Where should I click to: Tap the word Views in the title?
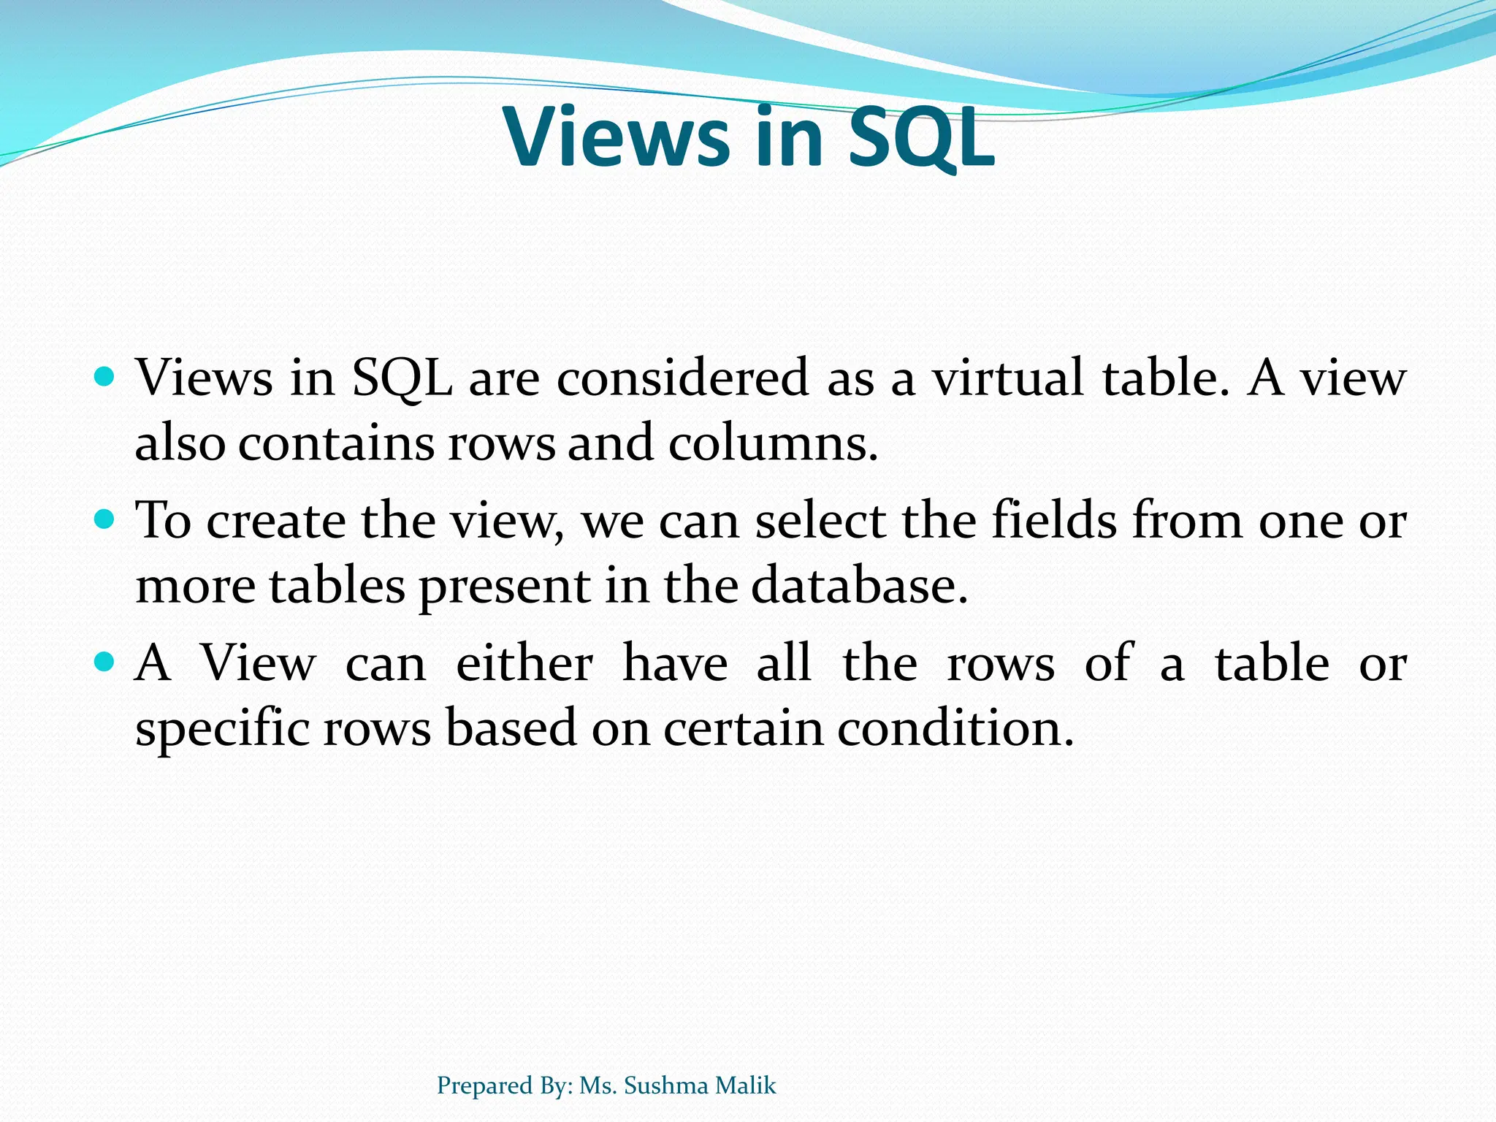tap(617, 137)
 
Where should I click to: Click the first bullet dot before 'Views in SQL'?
tap(106, 377)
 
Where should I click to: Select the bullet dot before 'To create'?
tap(106, 520)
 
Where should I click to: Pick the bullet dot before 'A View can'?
tap(106, 663)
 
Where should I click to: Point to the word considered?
tap(682, 378)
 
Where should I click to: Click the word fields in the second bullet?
tap(1054, 521)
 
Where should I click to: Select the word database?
tap(859, 586)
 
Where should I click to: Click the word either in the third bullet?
tap(524, 663)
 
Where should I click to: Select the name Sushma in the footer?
tap(666, 1085)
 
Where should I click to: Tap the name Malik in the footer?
tap(746, 1085)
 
